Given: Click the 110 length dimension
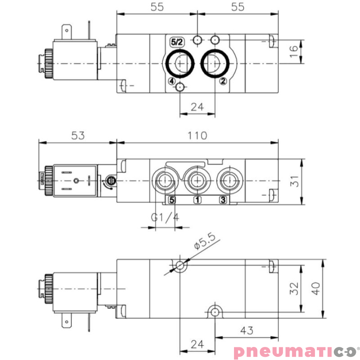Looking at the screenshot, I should tap(198, 135).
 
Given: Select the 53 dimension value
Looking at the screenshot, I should tap(78, 135).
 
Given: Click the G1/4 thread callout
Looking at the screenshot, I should tap(165, 218).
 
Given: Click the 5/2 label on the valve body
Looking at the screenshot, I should tap(176, 42).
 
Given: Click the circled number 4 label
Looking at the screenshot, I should tap(171, 81).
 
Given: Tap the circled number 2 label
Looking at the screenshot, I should tap(222, 81).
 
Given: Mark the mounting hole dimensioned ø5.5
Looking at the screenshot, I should tap(180, 265).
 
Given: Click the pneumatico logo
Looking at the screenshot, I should tap(294, 351).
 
